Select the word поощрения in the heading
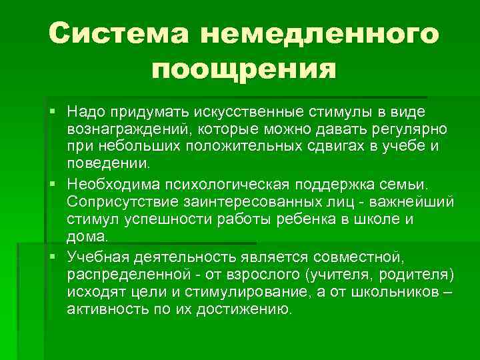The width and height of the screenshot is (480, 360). [x=243, y=68]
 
